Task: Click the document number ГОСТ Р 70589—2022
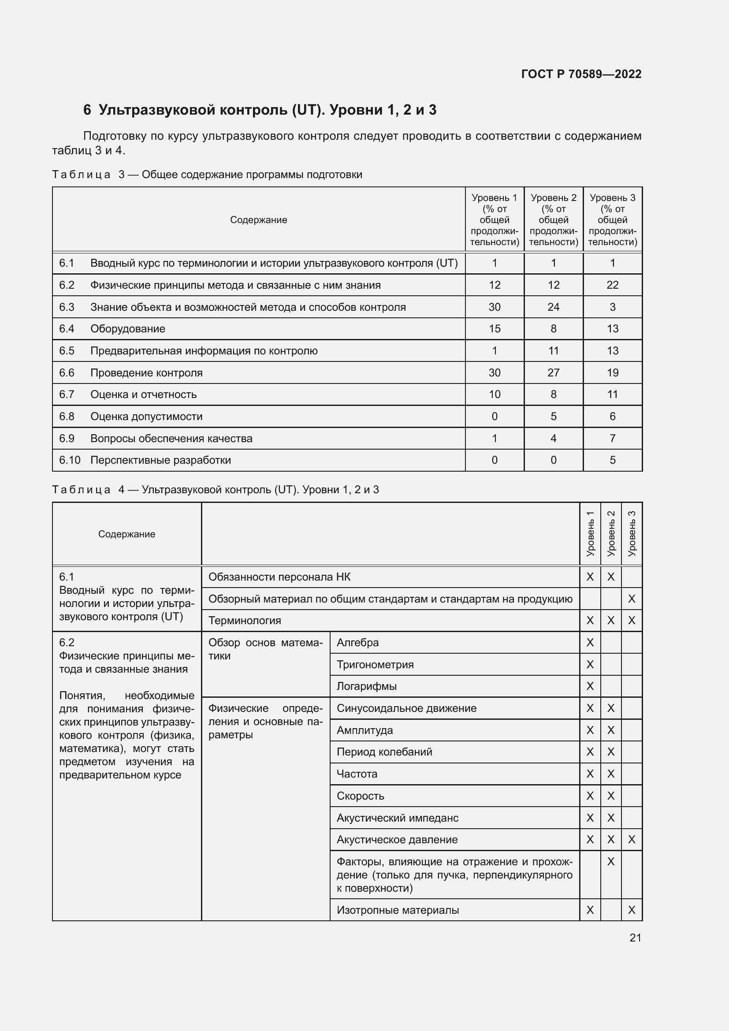pyautogui.click(x=581, y=74)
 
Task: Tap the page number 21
pyautogui.click(x=635, y=938)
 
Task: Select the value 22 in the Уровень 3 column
pyautogui.click(x=612, y=285)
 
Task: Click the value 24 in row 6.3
pyautogui.click(x=553, y=307)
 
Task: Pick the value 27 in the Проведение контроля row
pyautogui.click(x=553, y=373)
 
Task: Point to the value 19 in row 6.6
pyautogui.click(x=612, y=373)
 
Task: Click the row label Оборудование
pyautogui.click(x=127, y=329)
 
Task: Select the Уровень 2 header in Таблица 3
pyautogui.click(x=553, y=220)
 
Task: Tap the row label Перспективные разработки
pyautogui.click(x=160, y=460)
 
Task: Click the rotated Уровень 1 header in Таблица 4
pyautogui.click(x=590, y=534)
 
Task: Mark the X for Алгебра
pyautogui.click(x=590, y=643)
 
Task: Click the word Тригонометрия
pyautogui.click(x=375, y=665)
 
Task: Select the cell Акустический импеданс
pyautogui.click(x=397, y=818)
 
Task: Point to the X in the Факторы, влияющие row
pyautogui.click(x=610, y=862)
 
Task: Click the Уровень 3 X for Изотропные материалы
pyautogui.click(x=631, y=910)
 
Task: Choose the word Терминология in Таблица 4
pyautogui.click(x=245, y=621)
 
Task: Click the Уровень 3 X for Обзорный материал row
pyautogui.click(x=631, y=599)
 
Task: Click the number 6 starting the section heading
pyautogui.click(x=87, y=110)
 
